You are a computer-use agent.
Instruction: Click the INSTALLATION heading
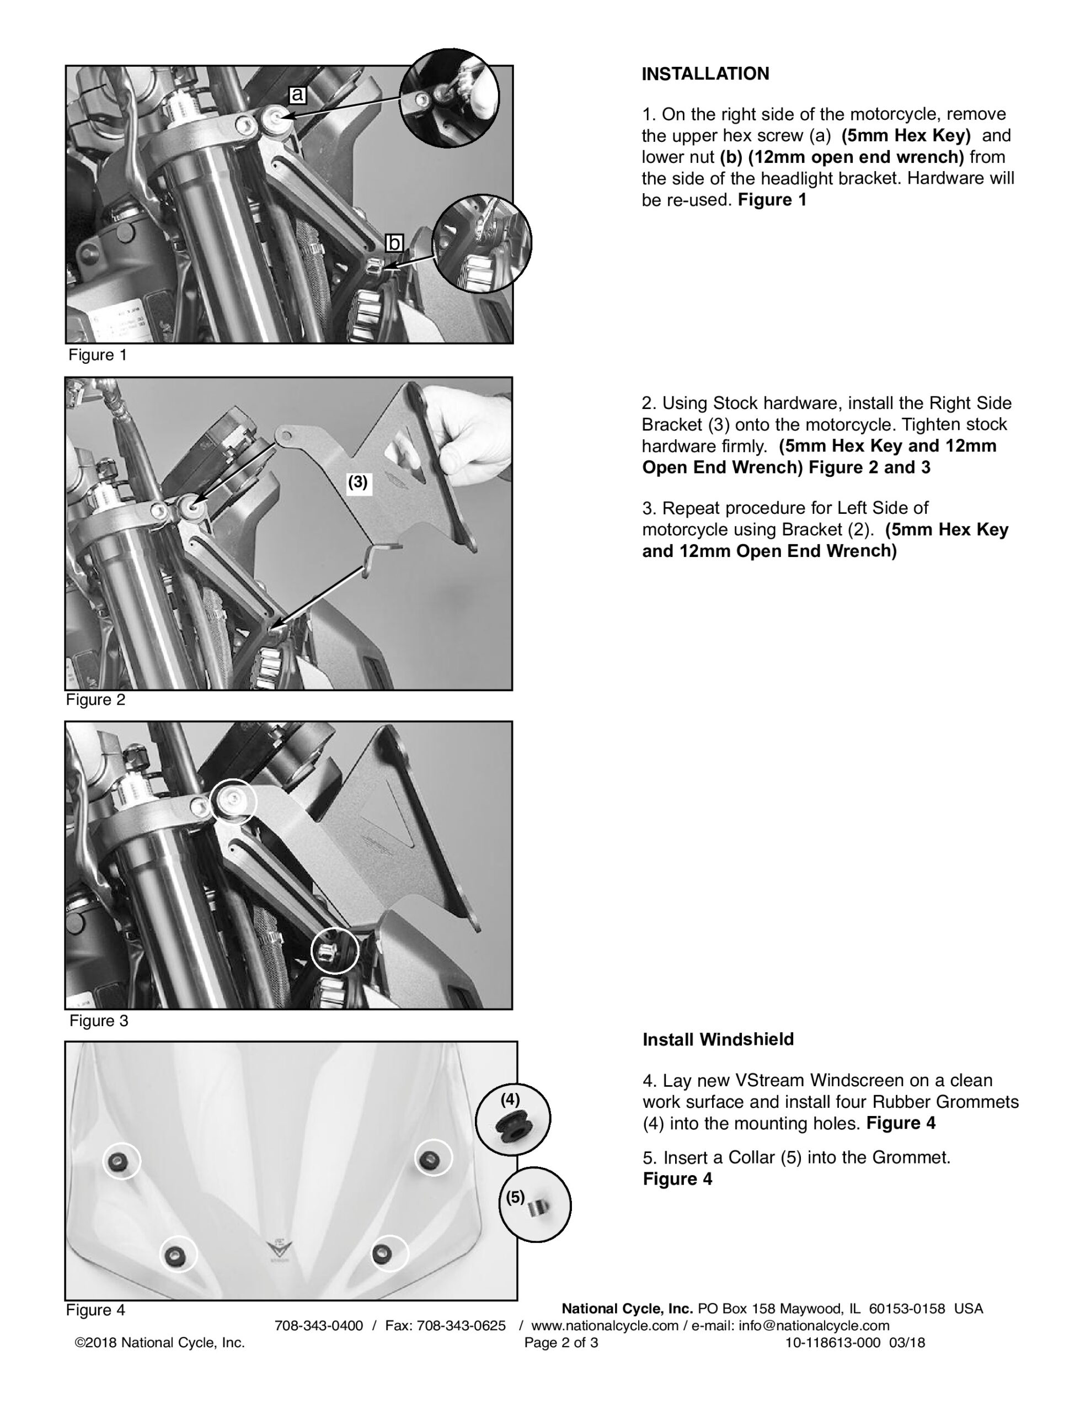[x=705, y=74]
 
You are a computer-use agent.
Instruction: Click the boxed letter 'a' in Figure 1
[x=297, y=94]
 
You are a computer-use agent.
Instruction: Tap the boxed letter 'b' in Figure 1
[x=394, y=243]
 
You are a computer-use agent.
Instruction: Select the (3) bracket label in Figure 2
[x=357, y=482]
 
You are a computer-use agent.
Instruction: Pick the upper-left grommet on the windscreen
[x=120, y=1159]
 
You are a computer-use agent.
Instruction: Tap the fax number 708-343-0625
[x=461, y=1326]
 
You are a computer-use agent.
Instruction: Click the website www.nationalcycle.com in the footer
[x=605, y=1326]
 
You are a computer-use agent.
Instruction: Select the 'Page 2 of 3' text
[x=561, y=1342]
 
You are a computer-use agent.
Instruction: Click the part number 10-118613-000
[x=833, y=1342]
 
